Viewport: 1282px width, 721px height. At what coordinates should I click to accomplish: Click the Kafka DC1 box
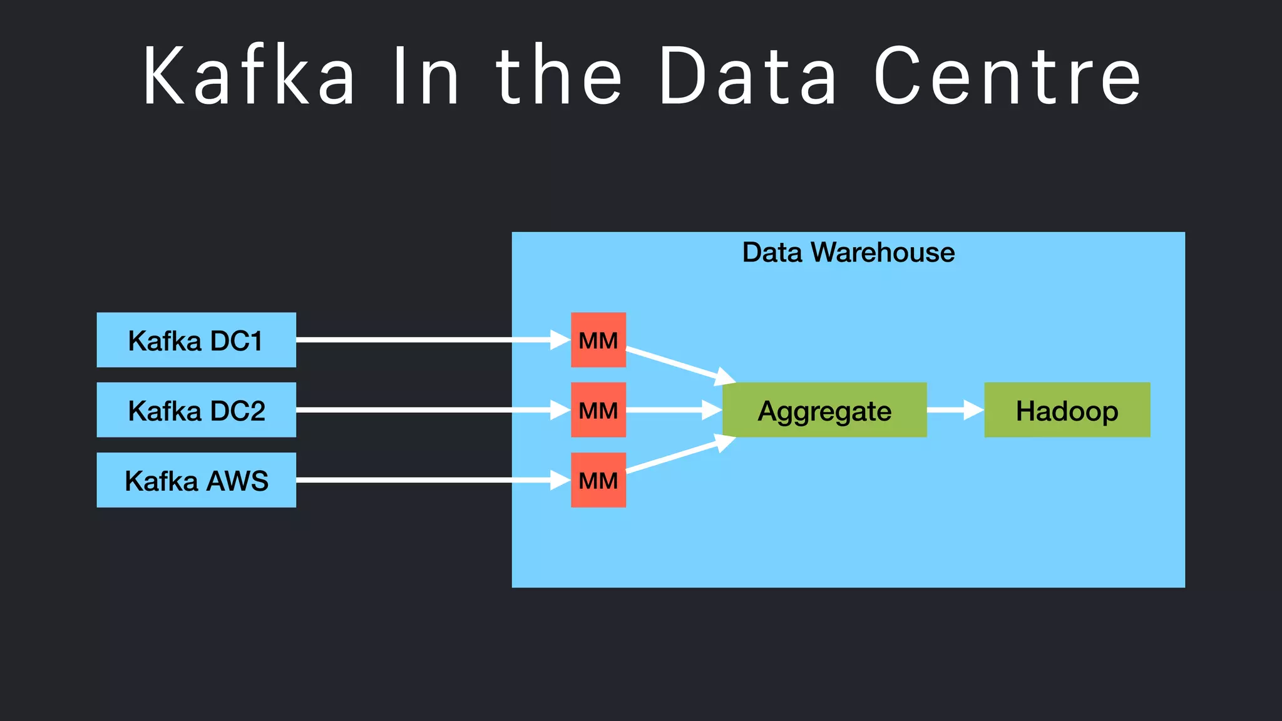coord(196,340)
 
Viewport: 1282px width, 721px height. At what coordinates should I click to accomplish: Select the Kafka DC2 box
coord(196,410)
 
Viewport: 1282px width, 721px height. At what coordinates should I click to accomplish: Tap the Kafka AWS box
coord(196,480)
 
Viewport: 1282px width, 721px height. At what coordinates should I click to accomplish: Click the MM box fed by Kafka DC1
coord(598,340)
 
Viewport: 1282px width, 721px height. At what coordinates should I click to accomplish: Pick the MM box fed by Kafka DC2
coord(598,410)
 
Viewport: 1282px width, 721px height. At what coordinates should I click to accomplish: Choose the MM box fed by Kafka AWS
coord(598,480)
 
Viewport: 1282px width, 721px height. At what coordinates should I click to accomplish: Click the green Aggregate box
coord(824,410)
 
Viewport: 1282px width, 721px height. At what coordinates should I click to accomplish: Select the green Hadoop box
coord(1067,410)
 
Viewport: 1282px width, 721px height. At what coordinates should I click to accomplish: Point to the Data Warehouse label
coord(848,253)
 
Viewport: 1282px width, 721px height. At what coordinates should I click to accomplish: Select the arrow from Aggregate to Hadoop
coord(955,410)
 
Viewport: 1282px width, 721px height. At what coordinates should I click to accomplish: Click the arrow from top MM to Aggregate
coord(679,365)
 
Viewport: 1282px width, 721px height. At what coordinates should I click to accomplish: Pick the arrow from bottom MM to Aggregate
coord(679,455)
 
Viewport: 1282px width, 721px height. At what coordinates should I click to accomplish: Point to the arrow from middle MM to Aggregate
coord(673,410)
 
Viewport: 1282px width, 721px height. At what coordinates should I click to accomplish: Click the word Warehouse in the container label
coord(883,253)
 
